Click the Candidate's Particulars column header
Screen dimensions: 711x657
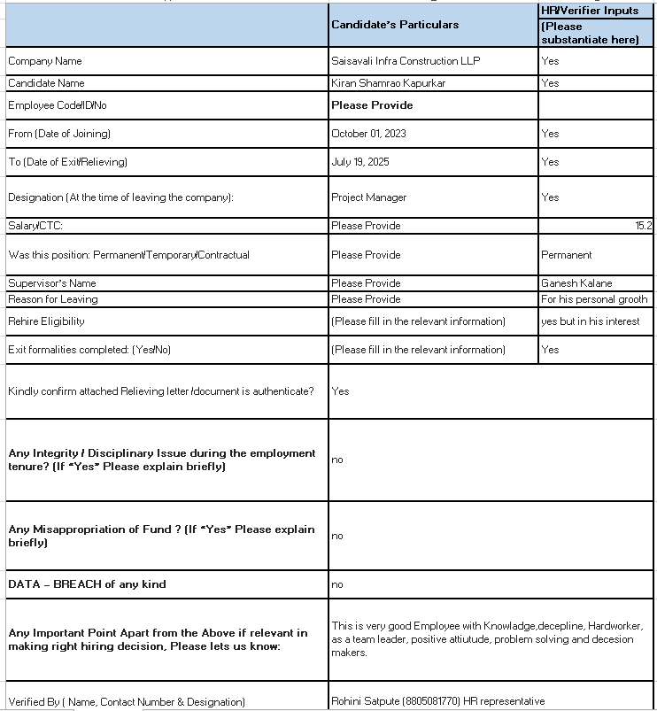pyautogui.click(x=395, y=25)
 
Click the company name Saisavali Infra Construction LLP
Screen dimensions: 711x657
pyautogui.click(x=407, y=61)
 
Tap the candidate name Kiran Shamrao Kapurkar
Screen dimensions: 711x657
pyautogui.click(x=388, y=83)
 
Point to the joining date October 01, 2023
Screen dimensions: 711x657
pyautogui.click(x=369, y=134)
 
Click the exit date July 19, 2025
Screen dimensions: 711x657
pyautogui.click(x=360, y=162)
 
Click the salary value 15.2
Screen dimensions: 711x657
pyautogui.click(x=644, y=226)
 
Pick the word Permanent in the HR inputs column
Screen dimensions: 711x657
pyautogui.click(x=567, y=255)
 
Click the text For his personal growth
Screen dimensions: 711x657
pyautogui.click(x=594, y=299)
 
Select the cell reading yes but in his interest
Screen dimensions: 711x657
pyautogui.click(x=590, y=321)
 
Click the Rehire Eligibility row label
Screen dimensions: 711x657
pyautogui.click(x=47, y=321)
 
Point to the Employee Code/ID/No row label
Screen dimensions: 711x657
pyautogui.click(x=57, y=105)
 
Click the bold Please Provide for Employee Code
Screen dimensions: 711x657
pyautogui.click(x=372, y=105)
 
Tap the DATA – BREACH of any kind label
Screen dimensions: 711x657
pyautogui.click(x=87, y=584)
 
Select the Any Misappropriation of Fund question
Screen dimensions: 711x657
pyautogui.click(x=161, y=536)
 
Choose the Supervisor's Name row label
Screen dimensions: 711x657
pyautogui.click(x=52, y=283)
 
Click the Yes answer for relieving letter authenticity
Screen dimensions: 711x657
pyautogui.click(x=340, y=390)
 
